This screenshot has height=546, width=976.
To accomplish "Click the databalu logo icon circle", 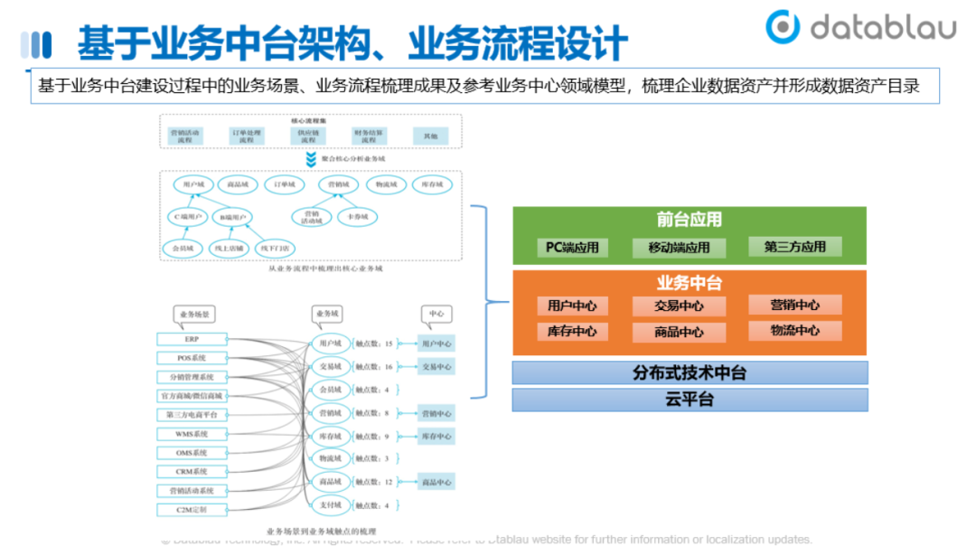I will click(x=783, y=27).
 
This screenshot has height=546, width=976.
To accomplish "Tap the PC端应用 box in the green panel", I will click(x=572, y=247).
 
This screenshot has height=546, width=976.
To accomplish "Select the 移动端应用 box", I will click(x=679, y=247).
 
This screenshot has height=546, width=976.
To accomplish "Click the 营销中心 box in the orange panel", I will click(x=795, y=305).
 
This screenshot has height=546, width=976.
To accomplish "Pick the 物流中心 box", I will click(x=795, y=331).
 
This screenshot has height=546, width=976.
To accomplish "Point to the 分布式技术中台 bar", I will click(x=690, y=372).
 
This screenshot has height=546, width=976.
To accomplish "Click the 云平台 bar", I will click(x=690, y=399).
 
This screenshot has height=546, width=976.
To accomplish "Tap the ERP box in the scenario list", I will click(x=192, y=339).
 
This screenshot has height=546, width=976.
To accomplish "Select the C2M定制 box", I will click(x=192, y=510).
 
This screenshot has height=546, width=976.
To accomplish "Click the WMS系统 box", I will click(x=192, y=434).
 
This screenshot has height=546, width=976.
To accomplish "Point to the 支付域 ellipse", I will click(x=330, y=505).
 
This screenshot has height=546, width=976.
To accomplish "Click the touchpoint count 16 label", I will click(x=374, y=367).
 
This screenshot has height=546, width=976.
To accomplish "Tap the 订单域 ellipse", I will click(x=285, y=184).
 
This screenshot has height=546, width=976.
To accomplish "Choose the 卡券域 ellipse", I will click(x=358, y=217).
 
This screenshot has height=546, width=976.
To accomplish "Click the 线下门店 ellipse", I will click(x=277, y=248).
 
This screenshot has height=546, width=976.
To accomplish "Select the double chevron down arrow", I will click(x=311, y=159).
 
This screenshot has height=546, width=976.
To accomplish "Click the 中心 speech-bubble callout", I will click(x=436, y=315).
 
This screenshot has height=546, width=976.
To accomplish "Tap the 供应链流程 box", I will click(x=308, y=136).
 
